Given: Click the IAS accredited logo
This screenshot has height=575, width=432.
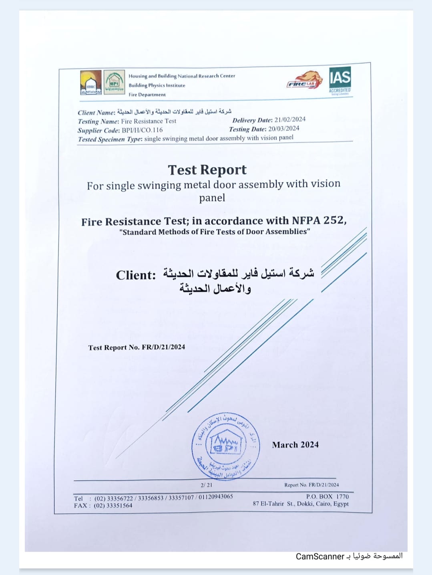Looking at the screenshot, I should click(x=340, y=80).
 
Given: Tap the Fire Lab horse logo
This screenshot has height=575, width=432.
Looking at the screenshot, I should click(x=305, y=80).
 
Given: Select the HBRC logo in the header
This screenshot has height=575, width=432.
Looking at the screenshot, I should click(x=90, y=83).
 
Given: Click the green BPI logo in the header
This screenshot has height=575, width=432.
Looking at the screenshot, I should click(x=114, y=82).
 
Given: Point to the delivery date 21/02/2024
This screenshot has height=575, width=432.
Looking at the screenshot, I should click(x=290, y=119).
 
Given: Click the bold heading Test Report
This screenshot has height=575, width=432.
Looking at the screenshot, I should click(x=207, y=170).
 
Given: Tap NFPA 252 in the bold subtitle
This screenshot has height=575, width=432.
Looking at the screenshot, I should click(x=319, y=220).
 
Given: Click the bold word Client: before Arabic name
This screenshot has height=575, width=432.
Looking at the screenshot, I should click(x=136, y=275).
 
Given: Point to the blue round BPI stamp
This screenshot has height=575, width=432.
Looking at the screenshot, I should click(x=226, y=446).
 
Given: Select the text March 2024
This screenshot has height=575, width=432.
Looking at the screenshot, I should click(x=295, y=445).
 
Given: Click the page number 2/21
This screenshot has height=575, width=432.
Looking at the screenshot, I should click(x=207, y=485).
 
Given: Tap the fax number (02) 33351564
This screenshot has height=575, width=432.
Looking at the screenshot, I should click(x=113, y=506).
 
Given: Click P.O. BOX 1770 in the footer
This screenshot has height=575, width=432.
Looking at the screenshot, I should click(x=327, y=496).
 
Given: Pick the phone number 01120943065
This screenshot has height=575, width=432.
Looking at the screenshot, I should click(x=216, y=497).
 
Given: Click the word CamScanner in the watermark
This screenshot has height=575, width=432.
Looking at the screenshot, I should click(x=320, y=557).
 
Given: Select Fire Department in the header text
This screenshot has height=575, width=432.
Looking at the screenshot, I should click(x=147, y=95).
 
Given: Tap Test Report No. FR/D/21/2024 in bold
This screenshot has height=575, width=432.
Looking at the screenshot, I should click(x=137, y=347).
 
